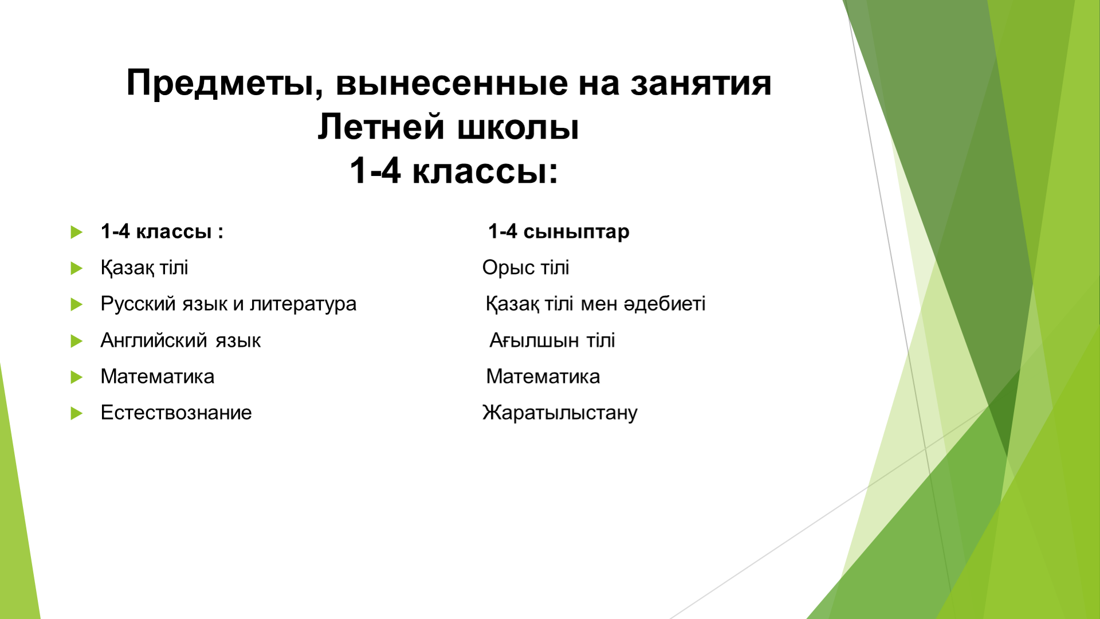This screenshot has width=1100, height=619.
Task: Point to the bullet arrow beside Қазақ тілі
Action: tap(76, 268)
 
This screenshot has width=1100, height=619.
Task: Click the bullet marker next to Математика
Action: tap(76, 377)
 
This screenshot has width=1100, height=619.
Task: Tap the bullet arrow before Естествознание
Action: tap(76, 413)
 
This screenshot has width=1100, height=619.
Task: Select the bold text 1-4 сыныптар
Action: tap(559, 232)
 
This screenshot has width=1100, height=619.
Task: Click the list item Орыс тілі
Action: tap(525, 268)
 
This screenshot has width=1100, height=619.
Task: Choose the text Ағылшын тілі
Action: tap(552, 340)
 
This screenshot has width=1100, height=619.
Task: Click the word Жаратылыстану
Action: tap(560, 413)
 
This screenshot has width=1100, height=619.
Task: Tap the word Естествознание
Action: tap(176, 413)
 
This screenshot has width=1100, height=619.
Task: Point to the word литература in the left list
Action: tap(303, 304)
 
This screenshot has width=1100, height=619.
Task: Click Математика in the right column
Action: tap(543, 377)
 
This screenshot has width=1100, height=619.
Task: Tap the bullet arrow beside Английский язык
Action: tap(76, 341)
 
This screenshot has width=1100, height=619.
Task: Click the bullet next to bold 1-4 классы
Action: tap(76, 232)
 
